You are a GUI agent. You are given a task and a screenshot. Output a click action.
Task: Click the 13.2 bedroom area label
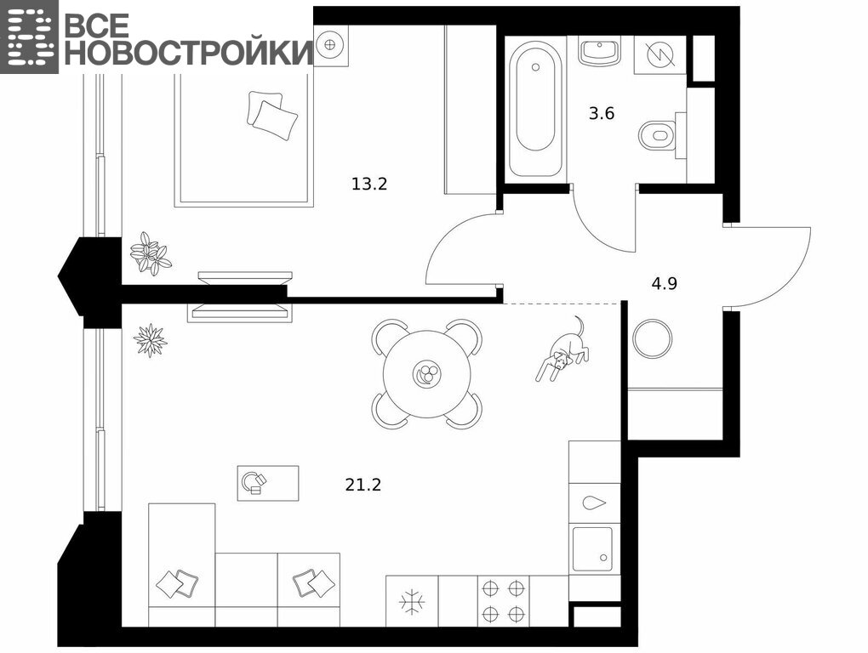[x=369, y=184]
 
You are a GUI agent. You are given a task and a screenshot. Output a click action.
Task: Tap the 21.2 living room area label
[x=363, y=485]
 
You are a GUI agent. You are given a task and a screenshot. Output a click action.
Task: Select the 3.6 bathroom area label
[x=601, y=113]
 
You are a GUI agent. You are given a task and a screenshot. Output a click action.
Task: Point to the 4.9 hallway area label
[x=664, y=284]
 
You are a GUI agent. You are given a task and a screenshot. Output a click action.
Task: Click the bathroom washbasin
[x=600, y=51]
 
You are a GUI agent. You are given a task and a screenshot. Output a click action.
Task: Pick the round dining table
[x=427, y=374]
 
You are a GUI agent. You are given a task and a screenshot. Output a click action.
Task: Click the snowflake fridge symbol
[x=412, y=601]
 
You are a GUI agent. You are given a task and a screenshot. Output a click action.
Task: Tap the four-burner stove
[x=503, y=601]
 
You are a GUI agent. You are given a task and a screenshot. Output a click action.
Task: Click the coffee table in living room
[x=268, y=483]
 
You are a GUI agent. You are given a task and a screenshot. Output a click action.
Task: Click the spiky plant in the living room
[x=150, y=339]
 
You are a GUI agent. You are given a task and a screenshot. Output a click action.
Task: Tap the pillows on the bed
[x=271, y=115]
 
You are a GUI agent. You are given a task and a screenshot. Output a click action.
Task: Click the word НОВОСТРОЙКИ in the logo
[x=189, y=53]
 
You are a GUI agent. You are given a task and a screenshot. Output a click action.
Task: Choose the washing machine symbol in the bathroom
[x=660, y=55]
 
